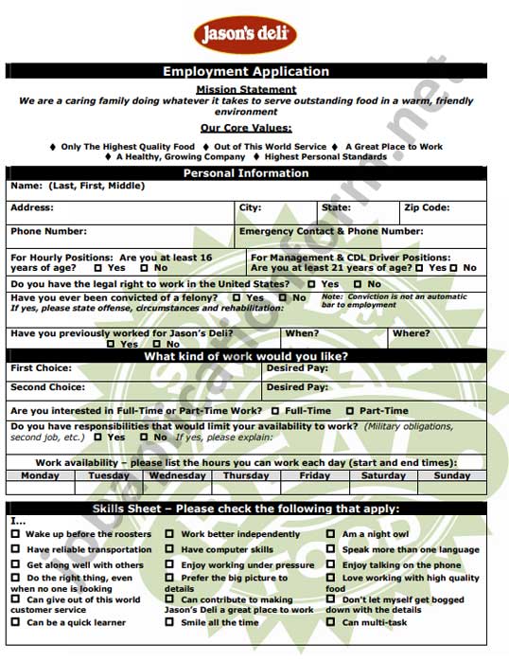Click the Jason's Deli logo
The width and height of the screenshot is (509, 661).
pyautogui.click(x=245, y=35)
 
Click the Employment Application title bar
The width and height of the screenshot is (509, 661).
pyautogui.click(x=246, y=71)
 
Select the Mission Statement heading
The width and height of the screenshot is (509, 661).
pyautogui.click(x=246, y=89)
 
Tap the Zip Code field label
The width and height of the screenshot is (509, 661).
pyautogui.click(x=427, y=207)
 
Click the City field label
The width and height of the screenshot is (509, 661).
pyautogui.click(x=250, y=207)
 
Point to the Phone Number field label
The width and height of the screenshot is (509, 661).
pyautogui.click(x=48, y=231)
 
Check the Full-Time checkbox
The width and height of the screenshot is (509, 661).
pyautogui.click(x=275, y=411)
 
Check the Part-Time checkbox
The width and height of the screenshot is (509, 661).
pyautogui.click(x=350, y=411)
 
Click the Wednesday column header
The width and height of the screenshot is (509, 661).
pyautogui.click(x=177, y=475)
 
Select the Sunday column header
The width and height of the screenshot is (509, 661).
pyautogui.click(x=452, y=475)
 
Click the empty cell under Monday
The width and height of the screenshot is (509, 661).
pyautogui.click(x=40, y=489)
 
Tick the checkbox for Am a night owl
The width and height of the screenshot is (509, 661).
pyautogui.click(x=331, y=534)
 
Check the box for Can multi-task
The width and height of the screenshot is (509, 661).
pyautogui.click(x=331, y=622)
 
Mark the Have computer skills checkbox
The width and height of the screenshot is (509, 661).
pyautogui.click(x=170, y=549)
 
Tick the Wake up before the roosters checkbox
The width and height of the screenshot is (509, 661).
pyautogui.click(x=15, y=534)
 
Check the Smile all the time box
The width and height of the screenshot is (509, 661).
pyautogui.click(x=170, y=622)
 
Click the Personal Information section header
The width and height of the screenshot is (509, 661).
pyautogui.click(x=246, y=173)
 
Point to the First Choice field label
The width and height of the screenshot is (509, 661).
pyautogui.click(x=41, y=367)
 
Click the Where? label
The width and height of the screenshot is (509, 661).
pyautogui.click(x=411, y=333)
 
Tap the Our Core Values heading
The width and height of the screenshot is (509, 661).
pyautogui.click(x=246, y=128)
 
